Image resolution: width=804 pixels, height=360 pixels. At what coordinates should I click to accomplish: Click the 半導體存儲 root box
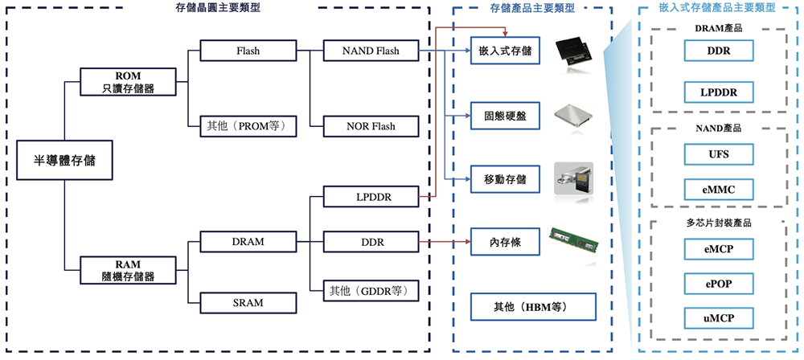64,161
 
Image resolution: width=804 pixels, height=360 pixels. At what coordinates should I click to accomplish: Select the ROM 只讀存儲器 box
129,83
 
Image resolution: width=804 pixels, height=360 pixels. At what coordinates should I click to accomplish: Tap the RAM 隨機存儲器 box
129,270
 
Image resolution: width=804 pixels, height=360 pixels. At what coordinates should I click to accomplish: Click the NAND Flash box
371,51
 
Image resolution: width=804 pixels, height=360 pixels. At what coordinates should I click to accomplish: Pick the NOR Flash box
371,126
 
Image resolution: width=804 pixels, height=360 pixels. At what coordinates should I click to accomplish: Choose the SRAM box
248,302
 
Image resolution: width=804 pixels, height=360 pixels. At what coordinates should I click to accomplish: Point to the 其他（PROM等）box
248,126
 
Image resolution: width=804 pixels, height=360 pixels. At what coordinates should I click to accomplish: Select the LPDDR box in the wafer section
371,195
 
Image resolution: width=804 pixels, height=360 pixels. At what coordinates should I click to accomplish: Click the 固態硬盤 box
505,116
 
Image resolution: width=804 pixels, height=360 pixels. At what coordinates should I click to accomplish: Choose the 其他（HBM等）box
533,307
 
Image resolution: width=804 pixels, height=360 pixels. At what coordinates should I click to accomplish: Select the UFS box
718,153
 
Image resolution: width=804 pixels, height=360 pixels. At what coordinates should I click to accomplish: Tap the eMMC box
718,190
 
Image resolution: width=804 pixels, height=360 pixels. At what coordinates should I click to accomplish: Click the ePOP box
718,284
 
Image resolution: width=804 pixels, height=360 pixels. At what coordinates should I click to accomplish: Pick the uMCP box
718,319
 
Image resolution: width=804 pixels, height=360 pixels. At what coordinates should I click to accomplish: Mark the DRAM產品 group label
718,28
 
